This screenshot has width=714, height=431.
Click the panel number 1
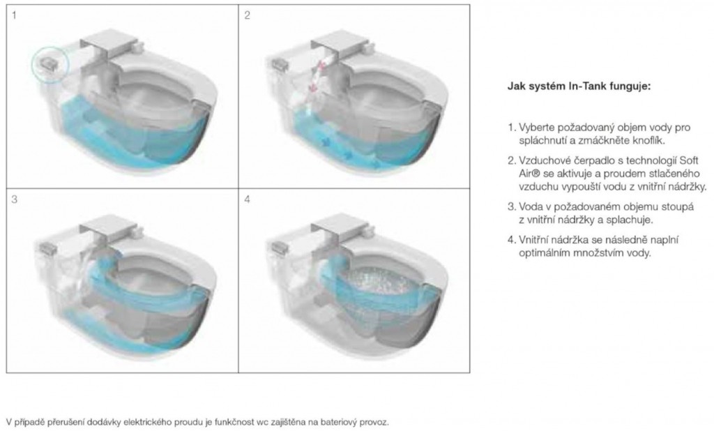pyautogui.click(x=14, y=15)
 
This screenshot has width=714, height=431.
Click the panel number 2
pyautogui.click(x=247, y=15)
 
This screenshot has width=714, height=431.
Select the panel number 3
pyautogui.click(x=15, y=199)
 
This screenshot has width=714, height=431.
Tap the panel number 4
pyautogui.click(x=247, y=199)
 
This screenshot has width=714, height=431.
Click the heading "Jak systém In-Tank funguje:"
pyautogui.click(x=579, y=86)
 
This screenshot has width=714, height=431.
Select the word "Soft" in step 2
pyautogui.click(x=689, y=160)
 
